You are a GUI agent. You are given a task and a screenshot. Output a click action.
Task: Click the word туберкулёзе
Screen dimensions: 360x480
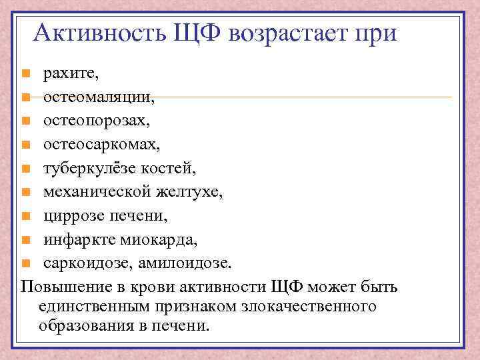[94, 168]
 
